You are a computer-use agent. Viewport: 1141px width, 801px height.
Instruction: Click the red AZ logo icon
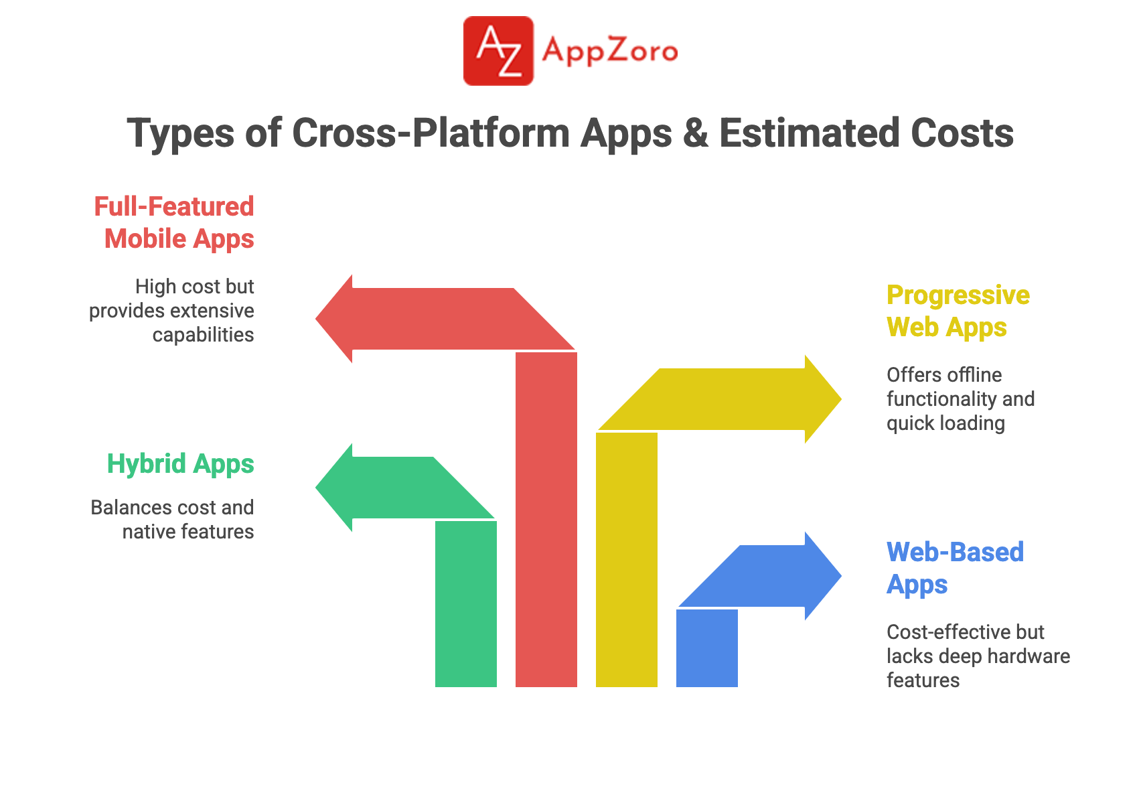coord(498,51)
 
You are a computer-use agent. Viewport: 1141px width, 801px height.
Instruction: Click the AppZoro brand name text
coord(610,52)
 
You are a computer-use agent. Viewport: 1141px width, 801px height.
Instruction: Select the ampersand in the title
coord(695,133)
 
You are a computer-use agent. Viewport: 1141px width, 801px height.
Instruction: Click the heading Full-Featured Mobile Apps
coord(174,222)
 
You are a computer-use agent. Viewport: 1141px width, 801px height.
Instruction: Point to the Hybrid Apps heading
coord(180,464)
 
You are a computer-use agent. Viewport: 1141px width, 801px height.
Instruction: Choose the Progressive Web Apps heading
coord(958,311)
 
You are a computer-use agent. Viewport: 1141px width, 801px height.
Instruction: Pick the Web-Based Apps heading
coord(955,568)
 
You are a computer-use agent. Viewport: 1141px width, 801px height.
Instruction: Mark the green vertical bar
coord(465,604)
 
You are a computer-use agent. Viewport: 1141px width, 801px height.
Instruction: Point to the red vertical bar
coord(546,520)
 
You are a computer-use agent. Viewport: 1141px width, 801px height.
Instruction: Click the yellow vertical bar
coord(627,560)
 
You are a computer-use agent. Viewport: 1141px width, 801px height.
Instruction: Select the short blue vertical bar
coord(707,648)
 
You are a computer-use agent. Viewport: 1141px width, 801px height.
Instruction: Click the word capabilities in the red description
coord(203,336)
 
